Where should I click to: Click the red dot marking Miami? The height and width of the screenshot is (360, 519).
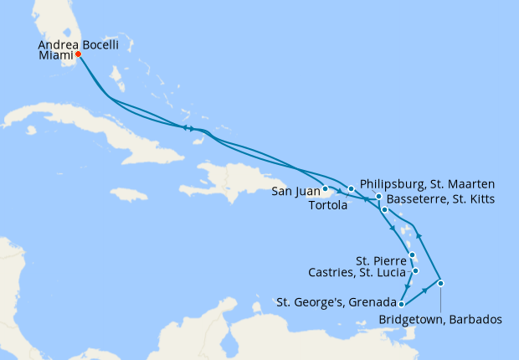point(78,55)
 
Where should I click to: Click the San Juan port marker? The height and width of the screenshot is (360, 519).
point(325,188)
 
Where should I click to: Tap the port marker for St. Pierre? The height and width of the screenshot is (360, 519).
point(412,255)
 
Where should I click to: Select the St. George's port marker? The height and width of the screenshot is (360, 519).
point(402,304)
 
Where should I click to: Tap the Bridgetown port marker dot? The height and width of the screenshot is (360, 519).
point(441,282)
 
